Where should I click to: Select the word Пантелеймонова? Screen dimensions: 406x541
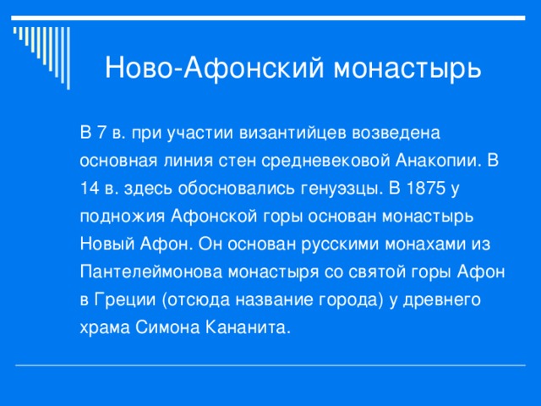click(x=144, y=272)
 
